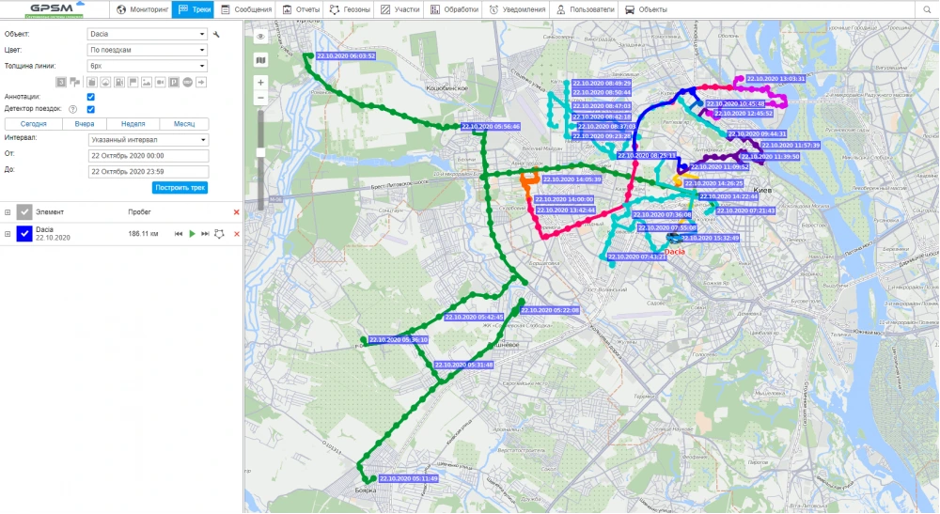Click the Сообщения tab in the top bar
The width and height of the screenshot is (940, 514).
tap(246, 9)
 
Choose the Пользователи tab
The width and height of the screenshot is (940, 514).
tap(585, 9)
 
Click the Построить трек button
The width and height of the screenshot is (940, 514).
tap(180, 188)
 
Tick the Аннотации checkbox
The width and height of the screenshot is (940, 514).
tap(90, 96)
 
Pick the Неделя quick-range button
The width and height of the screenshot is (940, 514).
tap(133, 124)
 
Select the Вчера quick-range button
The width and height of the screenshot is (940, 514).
tap(84, 124)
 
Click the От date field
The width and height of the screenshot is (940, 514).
tap(148, 155)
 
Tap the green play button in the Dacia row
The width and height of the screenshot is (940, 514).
tap(192, 233)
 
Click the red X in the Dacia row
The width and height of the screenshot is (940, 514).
tap(236, 233)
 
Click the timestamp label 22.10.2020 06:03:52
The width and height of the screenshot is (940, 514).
tap(346, 56)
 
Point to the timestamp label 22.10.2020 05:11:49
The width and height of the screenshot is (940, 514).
tap(409, 479)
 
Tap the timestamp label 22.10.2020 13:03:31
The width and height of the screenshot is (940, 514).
tap(775, 79)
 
